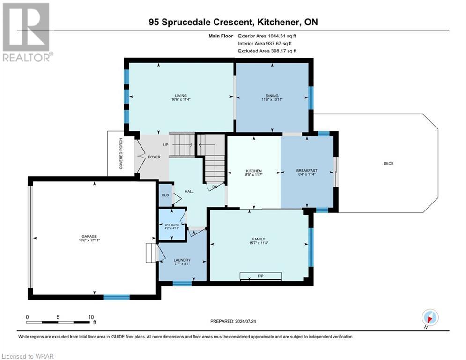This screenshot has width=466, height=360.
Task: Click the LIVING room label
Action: coord(176,94)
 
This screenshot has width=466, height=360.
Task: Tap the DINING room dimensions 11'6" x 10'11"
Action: coord(272,99)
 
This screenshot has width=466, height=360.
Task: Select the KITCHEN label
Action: coord(254,171)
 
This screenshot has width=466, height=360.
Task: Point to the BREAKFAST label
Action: coord(307,170)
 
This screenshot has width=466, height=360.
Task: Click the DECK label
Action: coord(388,163)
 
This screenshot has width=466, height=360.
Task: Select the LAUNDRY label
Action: coord(182,260)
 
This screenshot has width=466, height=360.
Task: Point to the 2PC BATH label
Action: coord(171,225)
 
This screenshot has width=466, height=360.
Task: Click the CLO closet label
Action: coord(165,195)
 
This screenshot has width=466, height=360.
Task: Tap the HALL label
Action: coord(189,192)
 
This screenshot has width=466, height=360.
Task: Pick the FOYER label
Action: coord(154,157)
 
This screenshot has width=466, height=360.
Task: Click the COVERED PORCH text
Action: coord(121,153)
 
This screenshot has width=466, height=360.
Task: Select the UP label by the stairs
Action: coord(165,145)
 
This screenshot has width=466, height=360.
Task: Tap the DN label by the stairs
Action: coord(215,186)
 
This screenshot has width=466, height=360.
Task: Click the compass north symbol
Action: coord(429,317)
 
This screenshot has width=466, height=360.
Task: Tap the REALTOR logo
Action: coord(27,31)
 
